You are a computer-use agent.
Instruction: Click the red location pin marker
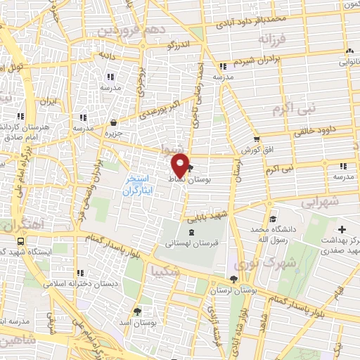(x=181, y=165)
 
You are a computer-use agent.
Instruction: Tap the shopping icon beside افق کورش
(x=257, y=139)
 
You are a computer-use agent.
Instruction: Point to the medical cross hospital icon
(x=342, y=230)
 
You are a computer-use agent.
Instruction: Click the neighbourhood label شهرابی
(x=321, y=202)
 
